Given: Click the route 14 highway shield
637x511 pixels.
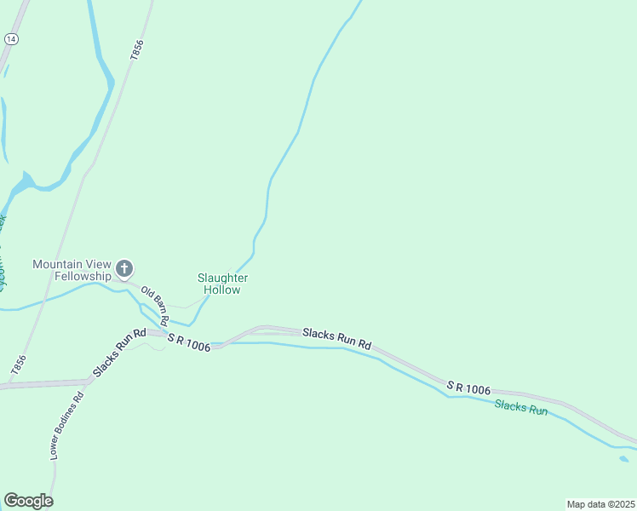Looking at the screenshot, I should pos(11,39).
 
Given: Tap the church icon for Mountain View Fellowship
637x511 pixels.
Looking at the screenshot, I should pos(124,270).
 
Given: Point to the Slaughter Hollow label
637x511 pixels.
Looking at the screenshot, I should pos(222,284).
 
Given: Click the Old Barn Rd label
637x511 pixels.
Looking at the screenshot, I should pos(154,304).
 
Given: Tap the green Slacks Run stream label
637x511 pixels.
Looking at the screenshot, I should pos(520,409).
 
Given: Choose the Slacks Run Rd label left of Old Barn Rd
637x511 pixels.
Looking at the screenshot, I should pos(120,353).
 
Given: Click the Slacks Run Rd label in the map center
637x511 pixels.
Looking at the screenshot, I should pos(338,338).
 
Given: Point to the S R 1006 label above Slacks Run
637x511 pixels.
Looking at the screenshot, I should pos(469,388).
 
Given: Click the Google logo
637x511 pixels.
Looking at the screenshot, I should pos(28,501).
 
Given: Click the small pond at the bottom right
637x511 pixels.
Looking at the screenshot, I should pos(624,459).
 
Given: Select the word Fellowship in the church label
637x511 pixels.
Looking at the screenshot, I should pos(83,276).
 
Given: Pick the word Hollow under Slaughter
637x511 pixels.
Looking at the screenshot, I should pos(222,290).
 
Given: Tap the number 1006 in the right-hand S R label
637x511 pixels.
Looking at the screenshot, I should pos(477,389).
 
